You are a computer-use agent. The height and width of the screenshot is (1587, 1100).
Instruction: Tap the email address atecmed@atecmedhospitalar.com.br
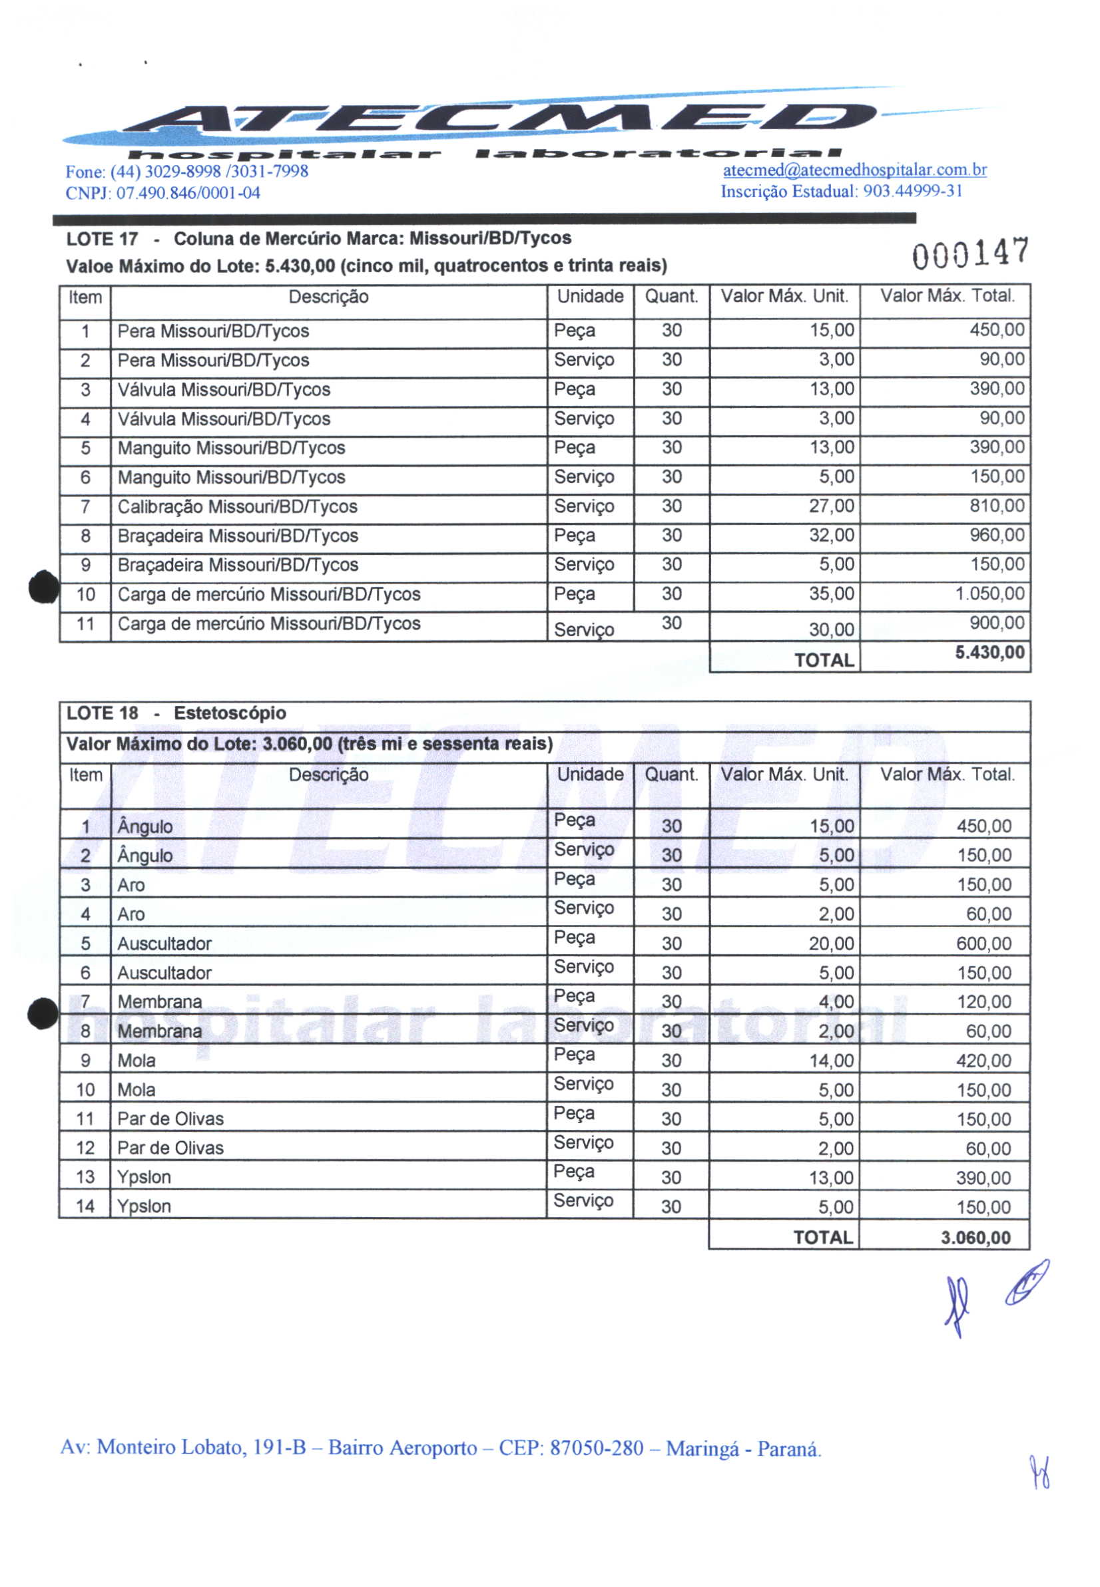click(855, 170)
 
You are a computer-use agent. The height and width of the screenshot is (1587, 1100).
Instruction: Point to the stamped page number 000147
click(970, 254)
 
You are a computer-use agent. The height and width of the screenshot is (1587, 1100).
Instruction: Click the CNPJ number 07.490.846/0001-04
click(188, 193)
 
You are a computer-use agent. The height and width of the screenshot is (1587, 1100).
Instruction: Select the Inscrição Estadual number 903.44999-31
click(912, 191)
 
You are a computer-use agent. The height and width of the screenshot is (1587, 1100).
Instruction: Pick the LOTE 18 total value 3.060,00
click(976, 1238)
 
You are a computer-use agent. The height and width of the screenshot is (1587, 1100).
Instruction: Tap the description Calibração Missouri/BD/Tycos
click(237, 507)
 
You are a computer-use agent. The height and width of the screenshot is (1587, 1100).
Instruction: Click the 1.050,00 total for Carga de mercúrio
click(989, 594)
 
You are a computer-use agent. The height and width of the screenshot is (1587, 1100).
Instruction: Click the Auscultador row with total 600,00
click(164, 944)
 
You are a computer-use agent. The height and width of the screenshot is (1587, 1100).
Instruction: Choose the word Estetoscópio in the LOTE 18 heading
click(230, 713)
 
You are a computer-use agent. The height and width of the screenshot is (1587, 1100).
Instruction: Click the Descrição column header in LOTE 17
click(328, 297)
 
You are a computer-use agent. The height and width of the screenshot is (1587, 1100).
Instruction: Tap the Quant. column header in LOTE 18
click(671, 775)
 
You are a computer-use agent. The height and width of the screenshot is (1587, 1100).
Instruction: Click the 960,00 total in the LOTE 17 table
click(997, 535)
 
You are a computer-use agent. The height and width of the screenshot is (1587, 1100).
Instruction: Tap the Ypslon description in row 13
click(144, 1177)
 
